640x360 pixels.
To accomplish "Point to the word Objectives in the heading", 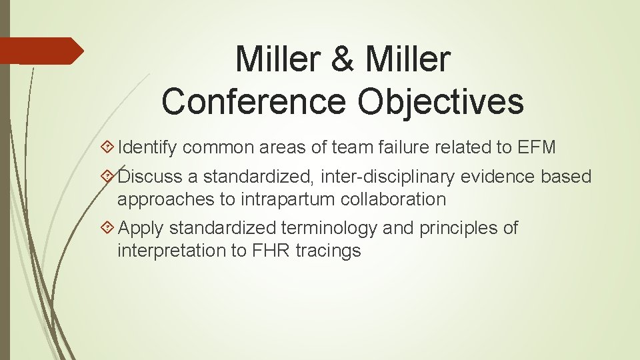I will [441, 101].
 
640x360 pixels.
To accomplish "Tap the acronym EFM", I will [536, 147].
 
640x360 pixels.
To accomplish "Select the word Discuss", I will [157, 177].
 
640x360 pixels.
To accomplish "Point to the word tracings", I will [336, 251].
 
